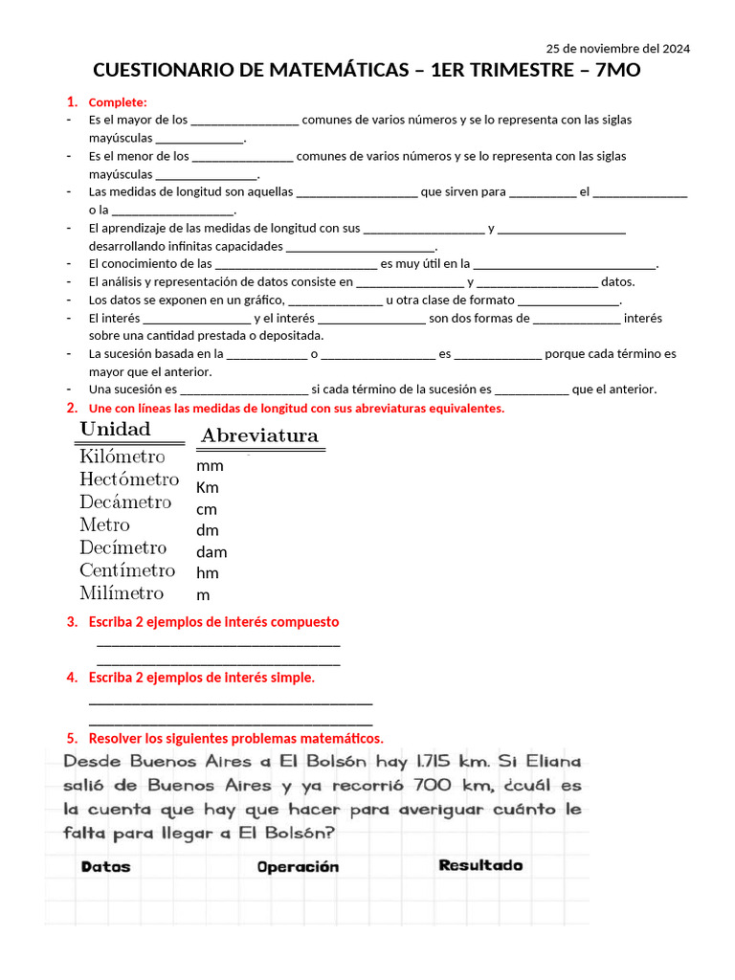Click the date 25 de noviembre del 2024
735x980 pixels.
[x=617, y=48]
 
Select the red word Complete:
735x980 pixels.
[x=118, y=102]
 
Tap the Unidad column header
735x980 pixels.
[x=115, y=429]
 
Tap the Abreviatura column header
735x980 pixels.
[x=259, y=436]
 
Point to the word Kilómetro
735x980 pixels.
[x=122, y=457]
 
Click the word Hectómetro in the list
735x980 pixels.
[x=129, y=479]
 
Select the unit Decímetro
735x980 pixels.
[x=123, y=548]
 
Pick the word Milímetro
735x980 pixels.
[x=122, y=593]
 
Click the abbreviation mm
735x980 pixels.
[x=210, y=466]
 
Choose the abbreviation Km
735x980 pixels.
[x=208, y=487]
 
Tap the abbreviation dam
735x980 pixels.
[x=212, y=552]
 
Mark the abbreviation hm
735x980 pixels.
[x=208, y=573]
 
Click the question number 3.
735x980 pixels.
[x=72, y=622]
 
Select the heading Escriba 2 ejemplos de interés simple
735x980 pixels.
[x=201, y=678]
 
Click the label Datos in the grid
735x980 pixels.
[x=106, y=867]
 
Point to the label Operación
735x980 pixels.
[x=298, y=867]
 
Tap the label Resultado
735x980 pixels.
[x=480, y=865]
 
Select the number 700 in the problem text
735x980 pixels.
[x=437, y=786]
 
